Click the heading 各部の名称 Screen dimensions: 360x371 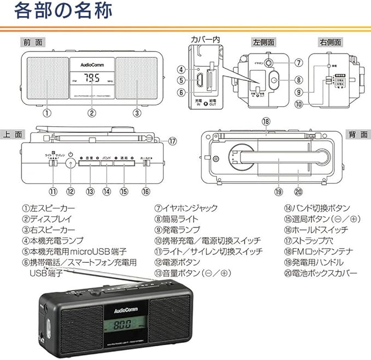pyautogui.click(x=64, y=11)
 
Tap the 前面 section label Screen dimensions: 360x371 pyautogui.click(x=33, y=42)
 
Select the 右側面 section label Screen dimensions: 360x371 pyautogui.click(x=330, y=42)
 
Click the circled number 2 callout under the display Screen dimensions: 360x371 pyautogui.click(x=92, y=113)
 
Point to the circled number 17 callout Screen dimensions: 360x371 pyautogui.click(x=173, y=141)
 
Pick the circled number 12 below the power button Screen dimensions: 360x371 pyautogui.click(x=70, y=191)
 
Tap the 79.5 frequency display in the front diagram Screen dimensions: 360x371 pyautogui.click(x=92, y=78)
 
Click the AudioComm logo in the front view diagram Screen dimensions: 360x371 pyautogui.click(x=92, y=62)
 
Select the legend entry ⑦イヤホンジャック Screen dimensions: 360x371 pyautogui.click(x=186, y=208)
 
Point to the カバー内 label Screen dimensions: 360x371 pyautogui.click(x=205, y=39)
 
